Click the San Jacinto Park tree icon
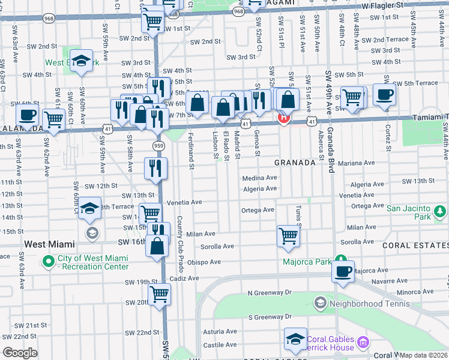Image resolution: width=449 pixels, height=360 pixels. [x=440, y=211]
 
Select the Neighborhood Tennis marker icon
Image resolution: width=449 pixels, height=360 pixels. [x=320, y=303]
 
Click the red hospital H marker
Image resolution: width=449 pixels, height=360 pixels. [x=284, y=118]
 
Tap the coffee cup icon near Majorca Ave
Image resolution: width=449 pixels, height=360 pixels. [x=343, y=271]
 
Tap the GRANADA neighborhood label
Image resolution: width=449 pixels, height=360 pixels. [x=295, y=163]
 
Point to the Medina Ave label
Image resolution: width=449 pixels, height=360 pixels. [x=259, y=178]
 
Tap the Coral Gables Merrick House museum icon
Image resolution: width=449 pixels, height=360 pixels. [x=363, y=342]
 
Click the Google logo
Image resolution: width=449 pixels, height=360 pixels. [x=20, y=353]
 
